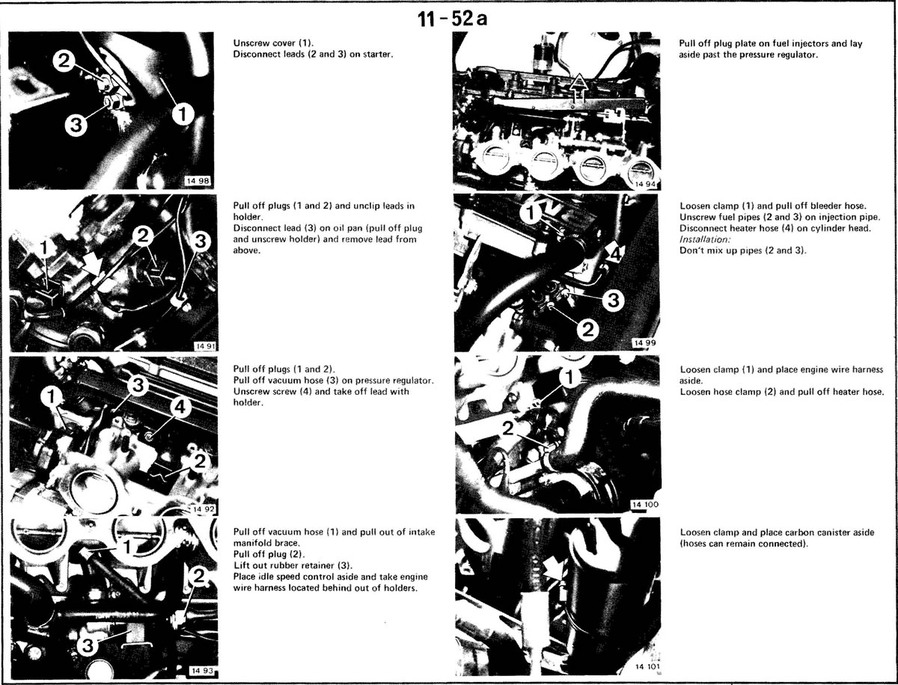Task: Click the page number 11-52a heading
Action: click(x=453, y=19)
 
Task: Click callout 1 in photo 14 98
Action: click(x=183, y=114)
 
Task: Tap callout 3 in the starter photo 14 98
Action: click(x=76, y=124)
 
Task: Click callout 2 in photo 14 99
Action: click(x=587, y=329)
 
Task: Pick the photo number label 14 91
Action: click(x=204, y=346)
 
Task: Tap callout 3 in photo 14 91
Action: click(x=200, y=241)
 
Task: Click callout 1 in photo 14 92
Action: click(x=52, y=397)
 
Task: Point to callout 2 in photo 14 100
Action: click(x=507, y=428)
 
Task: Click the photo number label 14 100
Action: click(x=645, y=505)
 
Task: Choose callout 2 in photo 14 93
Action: click(x=198, y=577)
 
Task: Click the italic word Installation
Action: click(x=705, y=239)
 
